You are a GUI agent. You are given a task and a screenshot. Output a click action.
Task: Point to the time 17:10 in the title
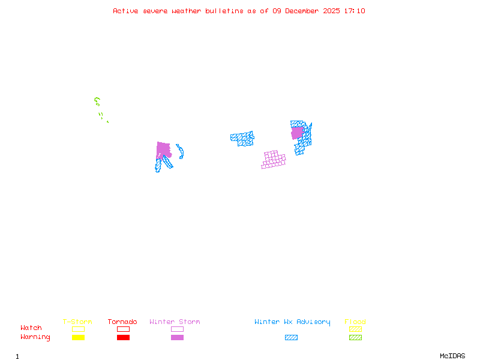tap(354, 11)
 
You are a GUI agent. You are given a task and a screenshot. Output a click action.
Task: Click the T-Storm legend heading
tap(77, 322)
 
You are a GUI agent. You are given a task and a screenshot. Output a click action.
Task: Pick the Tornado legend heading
tap(122, 322)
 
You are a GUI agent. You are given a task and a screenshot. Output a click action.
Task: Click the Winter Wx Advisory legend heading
tap(292, 322)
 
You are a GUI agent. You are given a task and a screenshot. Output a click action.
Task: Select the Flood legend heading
tap(355, 322)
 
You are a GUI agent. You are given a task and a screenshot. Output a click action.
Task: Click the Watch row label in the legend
tap(31, 328)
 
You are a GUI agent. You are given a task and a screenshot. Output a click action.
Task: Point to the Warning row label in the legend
tap(35, 337)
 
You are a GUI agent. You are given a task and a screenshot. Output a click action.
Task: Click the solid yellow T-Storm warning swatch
tap(78, 338)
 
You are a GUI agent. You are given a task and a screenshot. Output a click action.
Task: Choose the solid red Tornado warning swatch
tap(123, 338)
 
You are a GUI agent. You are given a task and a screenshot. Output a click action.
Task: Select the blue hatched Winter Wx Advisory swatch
tap(291, 338)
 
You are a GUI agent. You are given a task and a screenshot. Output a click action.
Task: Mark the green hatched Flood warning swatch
tap(355, 338)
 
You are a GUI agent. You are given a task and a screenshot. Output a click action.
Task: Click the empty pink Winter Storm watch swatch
tap(177, 329)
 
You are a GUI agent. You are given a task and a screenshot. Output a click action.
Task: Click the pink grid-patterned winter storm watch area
tap(274, 160)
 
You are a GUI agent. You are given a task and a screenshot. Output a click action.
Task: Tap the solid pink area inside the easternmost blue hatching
tap(297, 133)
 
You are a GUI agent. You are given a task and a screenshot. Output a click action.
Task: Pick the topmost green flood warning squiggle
tap(97, 101)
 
